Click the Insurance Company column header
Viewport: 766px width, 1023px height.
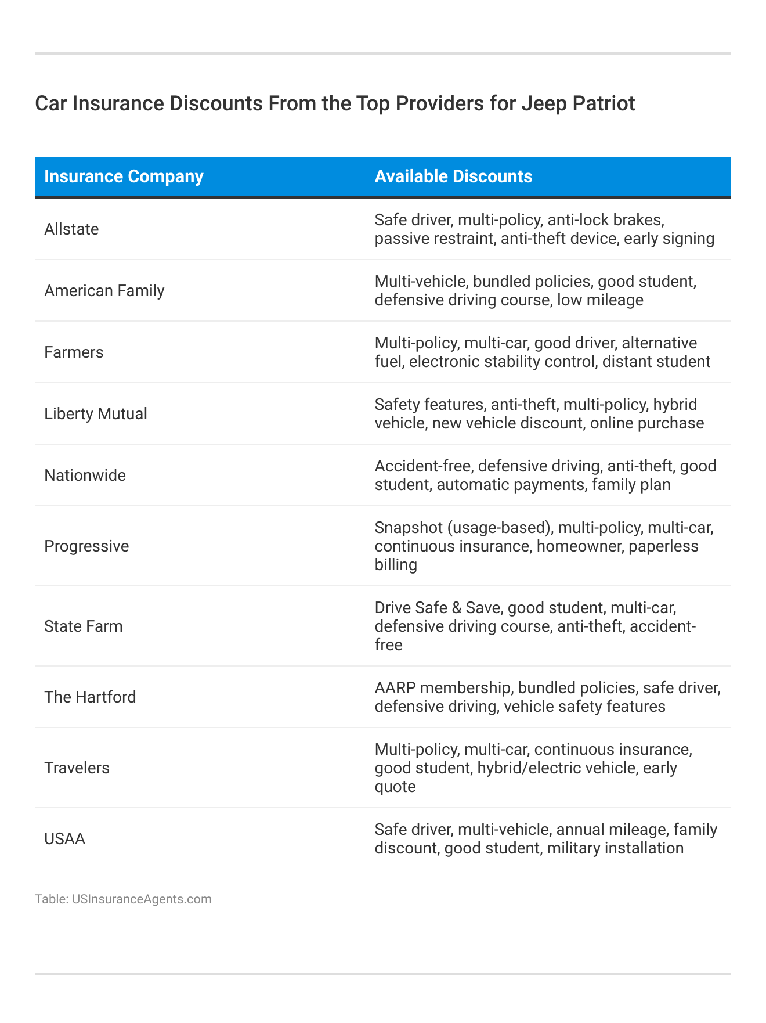[124, 176]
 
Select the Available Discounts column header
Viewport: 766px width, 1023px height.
[453, 176]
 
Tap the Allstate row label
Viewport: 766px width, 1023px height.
[71, 229]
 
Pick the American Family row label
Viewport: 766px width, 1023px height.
[104, 290]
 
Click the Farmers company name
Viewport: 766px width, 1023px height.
[74, 352]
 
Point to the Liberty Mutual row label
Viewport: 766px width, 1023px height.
[96, 414]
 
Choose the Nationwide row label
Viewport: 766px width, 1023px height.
[85, 476]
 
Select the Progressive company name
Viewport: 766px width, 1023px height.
[86, 546]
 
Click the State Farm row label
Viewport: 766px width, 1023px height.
[84, 626]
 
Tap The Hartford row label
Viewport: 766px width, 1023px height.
[90, 697]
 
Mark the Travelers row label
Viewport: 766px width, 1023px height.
[77, 768]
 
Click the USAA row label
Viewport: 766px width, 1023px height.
[64, 839]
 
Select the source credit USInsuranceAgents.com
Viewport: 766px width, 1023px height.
[142, 899]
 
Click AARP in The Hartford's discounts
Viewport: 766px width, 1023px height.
[395, 688]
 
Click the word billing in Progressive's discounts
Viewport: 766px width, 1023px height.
[396, 565]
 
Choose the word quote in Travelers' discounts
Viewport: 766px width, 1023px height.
[395, 787]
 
